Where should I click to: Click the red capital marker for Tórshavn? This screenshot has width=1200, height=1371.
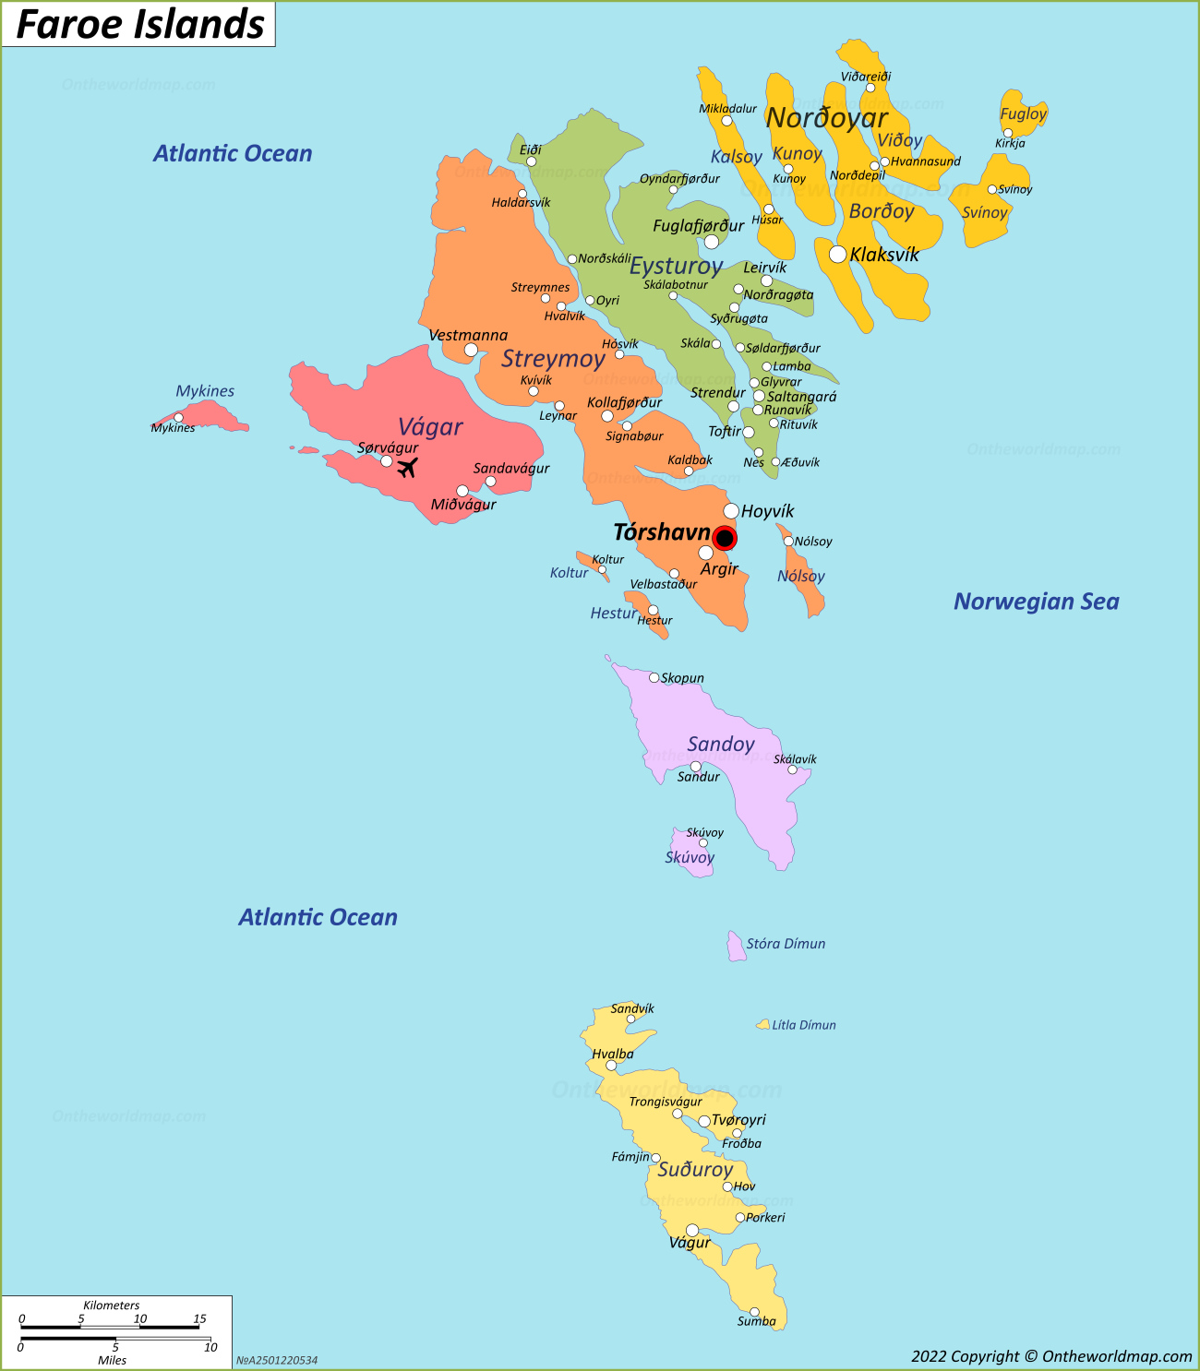pyautogui.click(x=725, y=538)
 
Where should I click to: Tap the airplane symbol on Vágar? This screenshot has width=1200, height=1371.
pyautogui.click(x=407, y=468)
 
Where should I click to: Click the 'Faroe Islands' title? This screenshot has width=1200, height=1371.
pyautogui.click(x=140, y=24)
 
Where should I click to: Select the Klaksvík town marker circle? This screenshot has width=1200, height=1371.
pyautogui.click(x=837, y=254)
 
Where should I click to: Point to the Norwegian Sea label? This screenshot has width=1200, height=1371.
pyautogui.click(x=1036, y=602)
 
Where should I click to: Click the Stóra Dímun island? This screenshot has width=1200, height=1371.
pyautogui.click(x=736, y=947)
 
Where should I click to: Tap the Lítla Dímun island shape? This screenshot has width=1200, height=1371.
pyautogui.click(x=763, y=1025)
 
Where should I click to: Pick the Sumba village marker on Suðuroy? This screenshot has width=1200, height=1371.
pyautogui.click(x=754, y=1312)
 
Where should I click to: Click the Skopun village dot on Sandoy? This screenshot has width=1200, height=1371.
pyautogui.click(x=654, y=677)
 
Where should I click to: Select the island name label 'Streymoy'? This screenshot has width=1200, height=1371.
pyautogui.click(x=553, y=359)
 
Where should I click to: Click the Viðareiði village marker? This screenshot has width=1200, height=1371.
pyautogui.click(x=870, y=89)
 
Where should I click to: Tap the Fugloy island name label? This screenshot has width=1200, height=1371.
pyautogui.click(x=1023, y=113)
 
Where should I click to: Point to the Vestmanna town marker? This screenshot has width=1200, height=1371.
pyautogui.click(x=471, y=350)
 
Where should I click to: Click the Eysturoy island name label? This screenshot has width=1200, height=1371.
pyautogui.click(x=676, y=267)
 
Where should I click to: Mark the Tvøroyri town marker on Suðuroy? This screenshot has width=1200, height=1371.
pyautogui.click(x=704, y=1121)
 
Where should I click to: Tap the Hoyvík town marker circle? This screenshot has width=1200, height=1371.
pyautogui.click(x=731, y=510)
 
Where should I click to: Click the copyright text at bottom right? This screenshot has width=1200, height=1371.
pyautogui.click(x=1051, y=1355)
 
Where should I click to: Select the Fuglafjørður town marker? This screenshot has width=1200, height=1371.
pyautogui.click(x=712, y=242)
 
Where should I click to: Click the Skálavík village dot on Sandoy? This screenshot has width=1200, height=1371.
pyautogui.click(x=792, y=769)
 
